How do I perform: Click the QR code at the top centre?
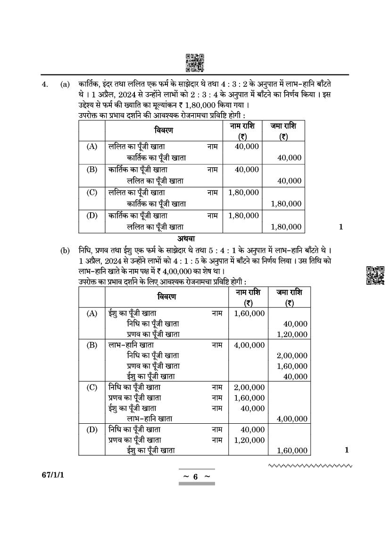(x=195, y=63)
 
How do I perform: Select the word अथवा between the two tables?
(x=186, y=238)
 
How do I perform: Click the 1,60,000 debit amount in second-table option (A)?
(x=249, y=313)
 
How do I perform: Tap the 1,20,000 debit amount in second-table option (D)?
(x=249, y=440)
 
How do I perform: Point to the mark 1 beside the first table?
(x=341, y=227)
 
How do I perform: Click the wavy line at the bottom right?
(x=310, y=466)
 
